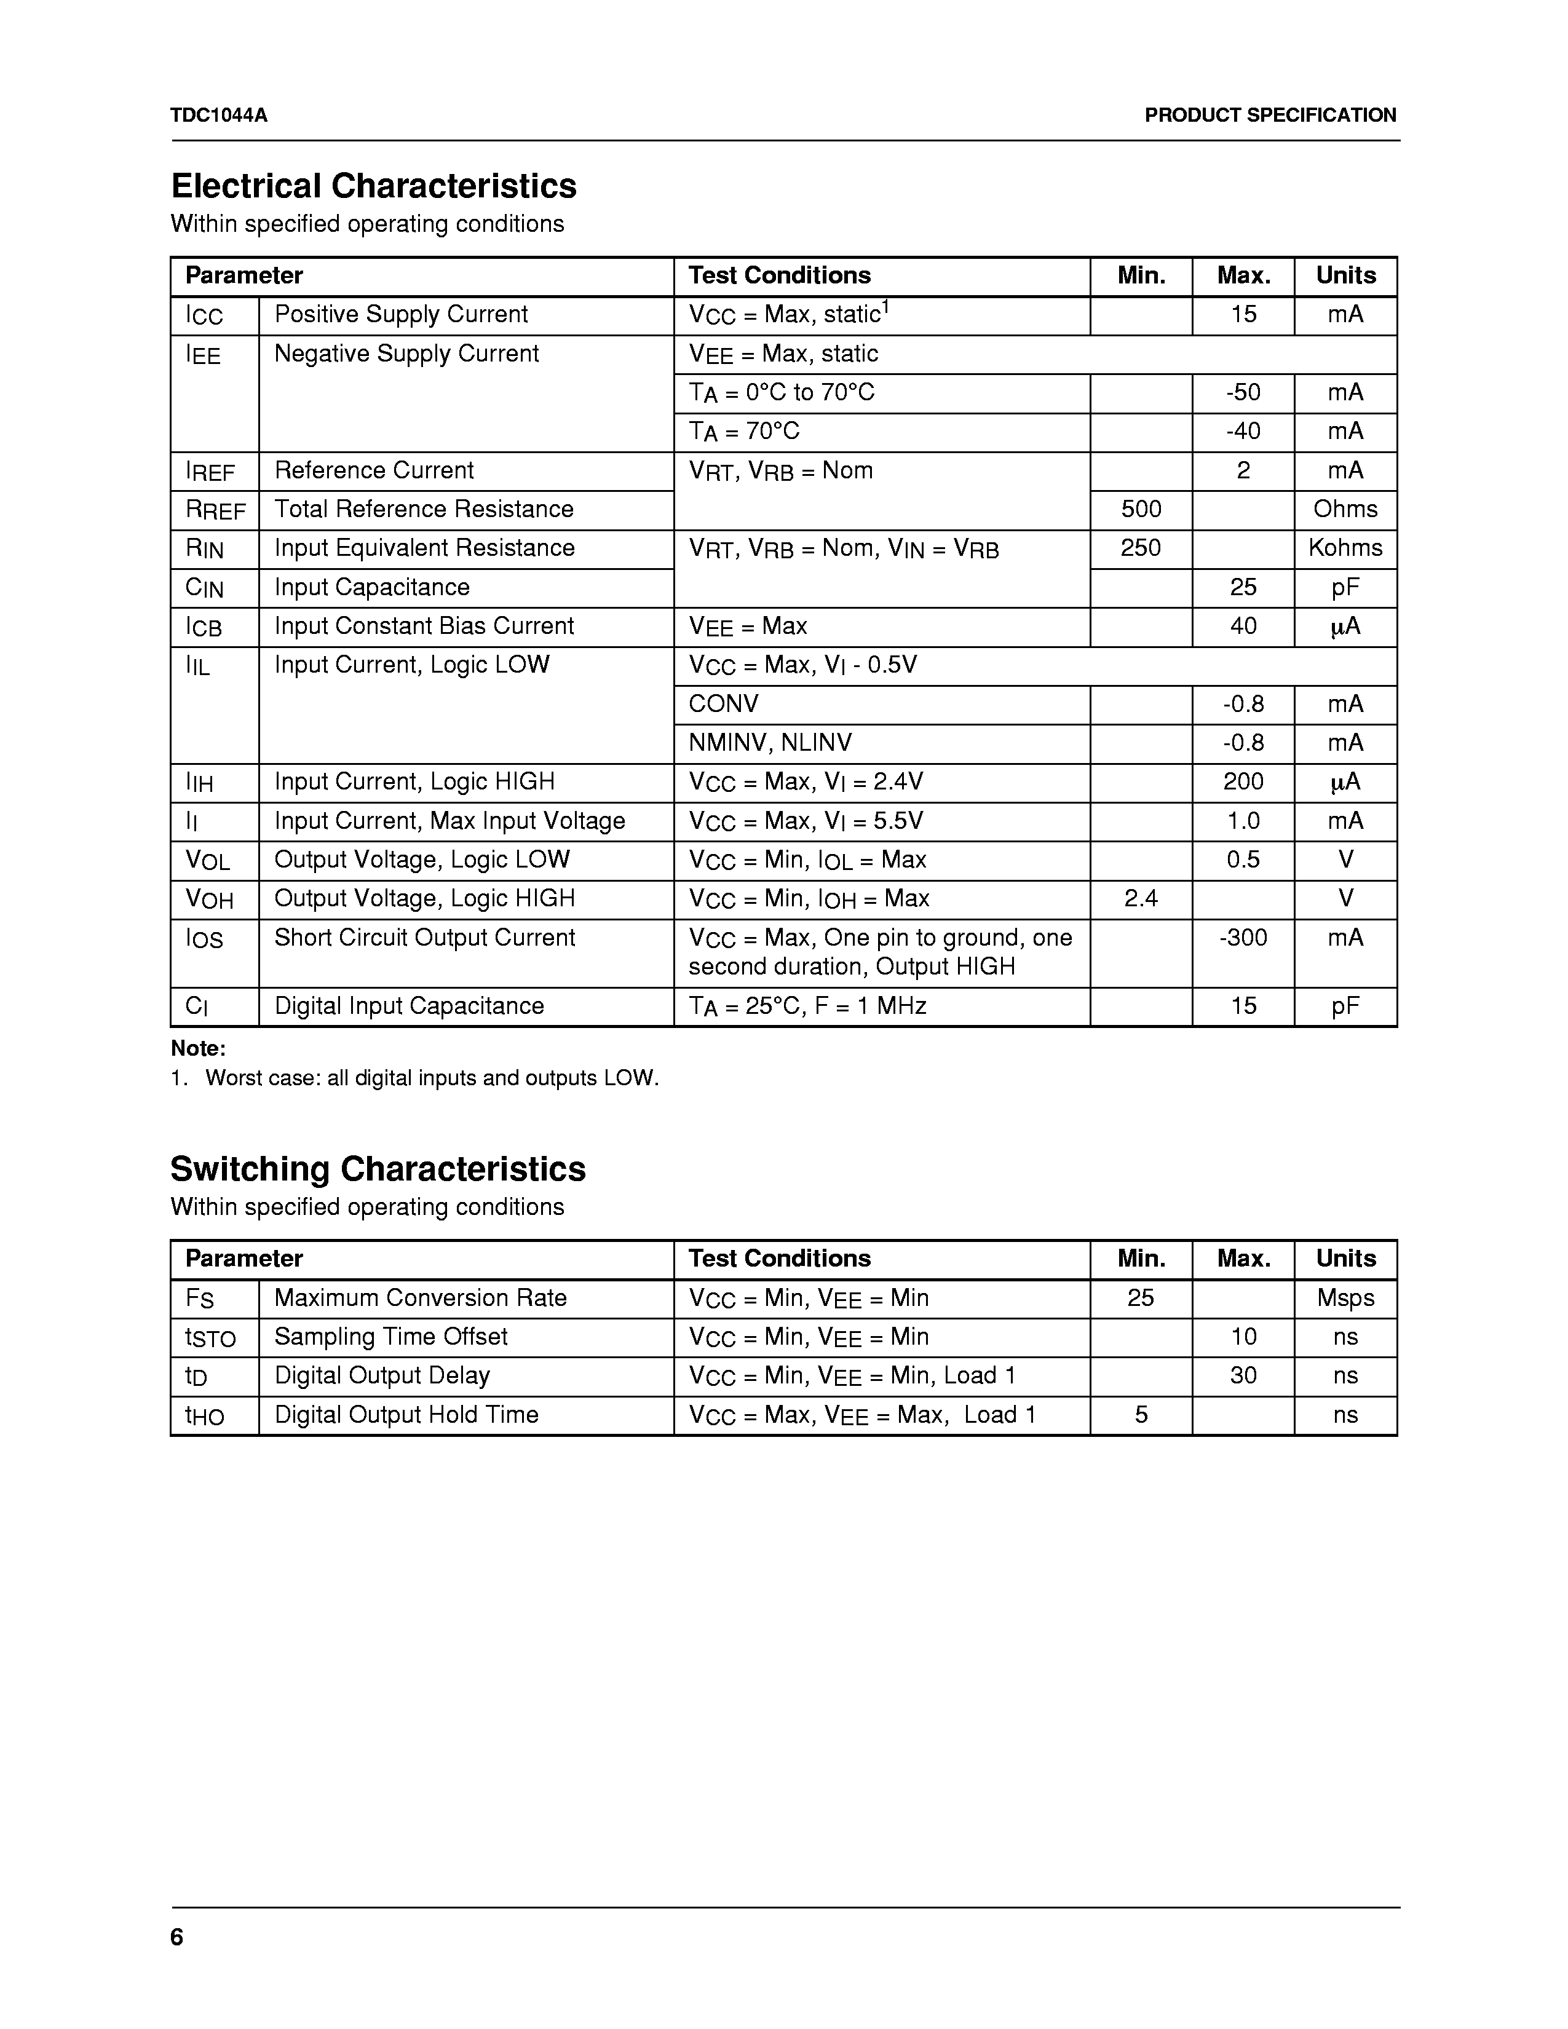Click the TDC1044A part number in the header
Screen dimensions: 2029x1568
pos(220,115)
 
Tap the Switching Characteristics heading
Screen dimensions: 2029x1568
pos(378,1169)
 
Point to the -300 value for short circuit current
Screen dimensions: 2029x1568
pos(1243,938)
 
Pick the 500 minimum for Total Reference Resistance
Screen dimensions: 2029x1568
pos(1141,509)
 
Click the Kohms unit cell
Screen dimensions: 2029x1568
pos(1345,548)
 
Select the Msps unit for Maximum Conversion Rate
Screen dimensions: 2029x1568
pos(1345,1298)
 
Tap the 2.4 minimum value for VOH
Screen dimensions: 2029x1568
pos(1141,898)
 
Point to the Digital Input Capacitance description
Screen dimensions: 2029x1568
pos(409,1006)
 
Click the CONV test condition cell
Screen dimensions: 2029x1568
pos(724,704)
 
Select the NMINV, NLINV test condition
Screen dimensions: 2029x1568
pos(770,743)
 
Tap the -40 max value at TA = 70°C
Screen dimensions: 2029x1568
pos(1243,431)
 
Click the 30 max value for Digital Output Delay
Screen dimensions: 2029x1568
pos(1243,1376)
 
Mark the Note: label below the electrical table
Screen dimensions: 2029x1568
pos(198,1049)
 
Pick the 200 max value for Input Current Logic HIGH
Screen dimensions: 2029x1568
pos(1243,782)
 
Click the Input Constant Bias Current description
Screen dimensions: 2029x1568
pos(424,626)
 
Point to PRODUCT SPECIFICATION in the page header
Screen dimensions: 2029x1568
pos(1270,115)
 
